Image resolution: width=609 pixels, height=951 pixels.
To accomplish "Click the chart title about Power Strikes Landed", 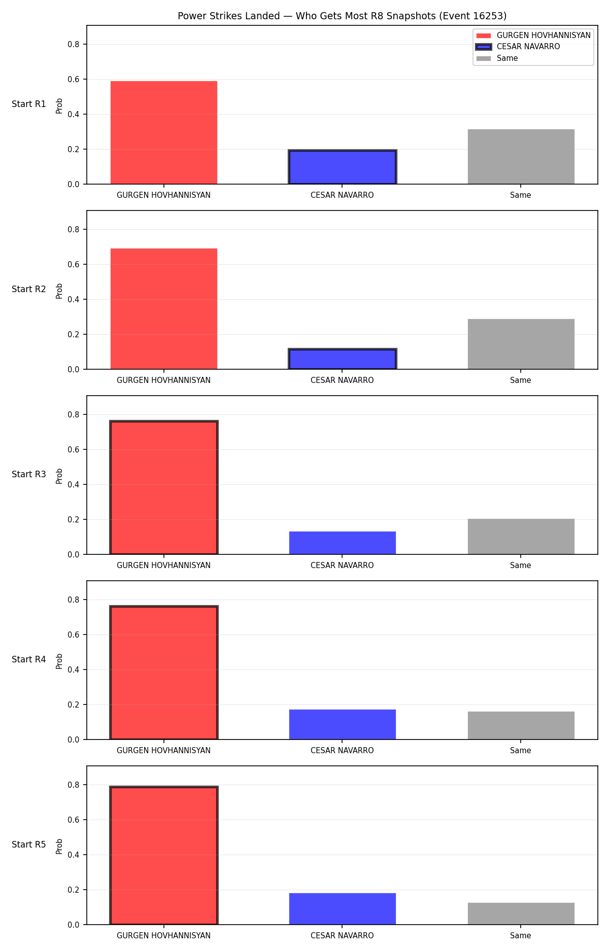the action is point(342,16).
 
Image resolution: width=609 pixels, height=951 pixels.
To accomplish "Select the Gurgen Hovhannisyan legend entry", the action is point(533,36).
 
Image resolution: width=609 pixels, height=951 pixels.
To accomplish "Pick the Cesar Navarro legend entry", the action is point(518,47).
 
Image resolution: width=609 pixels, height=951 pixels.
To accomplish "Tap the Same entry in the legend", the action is point(497,58).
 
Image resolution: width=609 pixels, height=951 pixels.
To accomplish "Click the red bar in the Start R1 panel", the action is point(164,132).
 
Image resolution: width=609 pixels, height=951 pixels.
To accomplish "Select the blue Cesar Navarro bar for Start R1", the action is point(343,167).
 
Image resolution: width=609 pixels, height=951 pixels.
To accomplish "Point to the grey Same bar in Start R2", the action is point(521,344).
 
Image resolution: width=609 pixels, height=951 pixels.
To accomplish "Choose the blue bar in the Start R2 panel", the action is point(343,359).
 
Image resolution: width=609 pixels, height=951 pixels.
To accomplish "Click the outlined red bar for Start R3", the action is point(164,487).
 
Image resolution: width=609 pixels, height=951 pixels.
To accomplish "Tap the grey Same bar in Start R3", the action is point(521,537).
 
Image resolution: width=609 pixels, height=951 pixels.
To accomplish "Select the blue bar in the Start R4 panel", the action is point(343,724).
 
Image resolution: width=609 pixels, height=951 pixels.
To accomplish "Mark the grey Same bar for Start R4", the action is point(521,725).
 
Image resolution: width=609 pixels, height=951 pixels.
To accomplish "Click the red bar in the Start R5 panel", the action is point(164,855).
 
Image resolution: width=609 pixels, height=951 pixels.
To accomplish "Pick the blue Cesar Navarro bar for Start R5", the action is point(343,909).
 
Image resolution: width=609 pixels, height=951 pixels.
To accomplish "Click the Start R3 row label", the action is point(29,474).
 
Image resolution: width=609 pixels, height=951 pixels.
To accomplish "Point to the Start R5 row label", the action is point(29,844).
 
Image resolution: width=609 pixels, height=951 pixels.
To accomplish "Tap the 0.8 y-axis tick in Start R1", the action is point(74,44).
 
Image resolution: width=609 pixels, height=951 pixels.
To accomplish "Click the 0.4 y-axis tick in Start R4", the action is point(74,670).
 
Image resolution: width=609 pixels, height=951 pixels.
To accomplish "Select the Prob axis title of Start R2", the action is point(59,291).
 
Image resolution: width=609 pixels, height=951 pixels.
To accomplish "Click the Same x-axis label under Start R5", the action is point(521,936).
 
